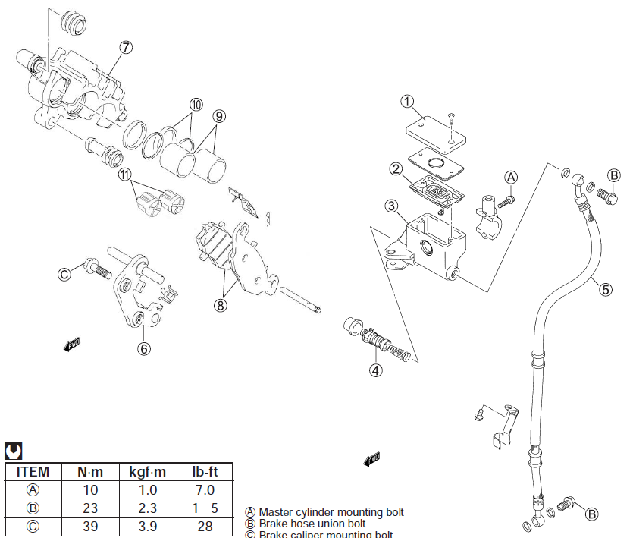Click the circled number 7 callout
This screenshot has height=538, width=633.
tap(125, 47)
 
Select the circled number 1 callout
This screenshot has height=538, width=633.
tap(407, 101)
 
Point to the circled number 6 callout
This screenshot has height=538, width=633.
tap(144, 348)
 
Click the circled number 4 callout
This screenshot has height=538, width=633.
tap(376, 370)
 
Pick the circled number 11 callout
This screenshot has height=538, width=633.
tap(125, 175)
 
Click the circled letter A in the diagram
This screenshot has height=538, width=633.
tap(511, 177)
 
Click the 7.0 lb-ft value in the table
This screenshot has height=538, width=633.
tap(204, 490)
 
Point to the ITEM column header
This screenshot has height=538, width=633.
tap(33, 471)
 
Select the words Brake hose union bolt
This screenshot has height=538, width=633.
tap(312, 524)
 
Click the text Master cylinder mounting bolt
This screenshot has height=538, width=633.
tap(331, 512)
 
